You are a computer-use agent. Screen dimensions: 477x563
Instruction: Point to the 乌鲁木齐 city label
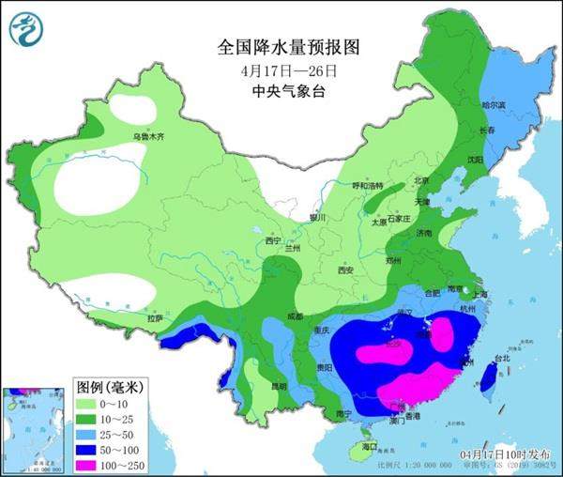click(x=147, y=136)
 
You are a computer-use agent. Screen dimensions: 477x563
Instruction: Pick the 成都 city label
click(x=297, y=315)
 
